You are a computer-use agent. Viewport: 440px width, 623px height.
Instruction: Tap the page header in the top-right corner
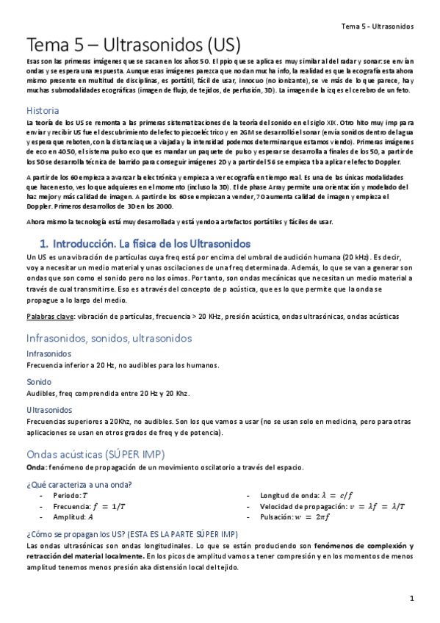[x=378, y=26]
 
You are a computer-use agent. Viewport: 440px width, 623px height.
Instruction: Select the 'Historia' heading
[x=43, y=109]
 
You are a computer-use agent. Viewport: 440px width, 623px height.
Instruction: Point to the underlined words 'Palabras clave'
[x=48, y=316]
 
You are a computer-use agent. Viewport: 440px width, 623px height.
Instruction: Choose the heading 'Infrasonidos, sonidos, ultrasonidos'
[x=109, y=338]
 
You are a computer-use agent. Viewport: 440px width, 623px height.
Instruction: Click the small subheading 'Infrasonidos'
[x=48, y=353]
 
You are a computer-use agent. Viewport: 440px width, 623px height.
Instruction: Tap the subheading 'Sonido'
[x=38, y=382]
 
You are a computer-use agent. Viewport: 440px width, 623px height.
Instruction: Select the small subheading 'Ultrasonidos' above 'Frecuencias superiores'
[x=49, y=409]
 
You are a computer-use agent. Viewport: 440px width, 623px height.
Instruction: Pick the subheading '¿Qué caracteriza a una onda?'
[x=79, y=483]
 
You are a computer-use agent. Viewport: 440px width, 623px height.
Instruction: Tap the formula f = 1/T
[x=108, y=506]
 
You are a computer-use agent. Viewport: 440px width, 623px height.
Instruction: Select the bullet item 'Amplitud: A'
[x=78, y=516]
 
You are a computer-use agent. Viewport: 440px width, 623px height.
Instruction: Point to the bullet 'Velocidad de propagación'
[x=312, y=506]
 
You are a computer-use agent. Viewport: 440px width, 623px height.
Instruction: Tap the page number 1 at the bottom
[x=413, y=599]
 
